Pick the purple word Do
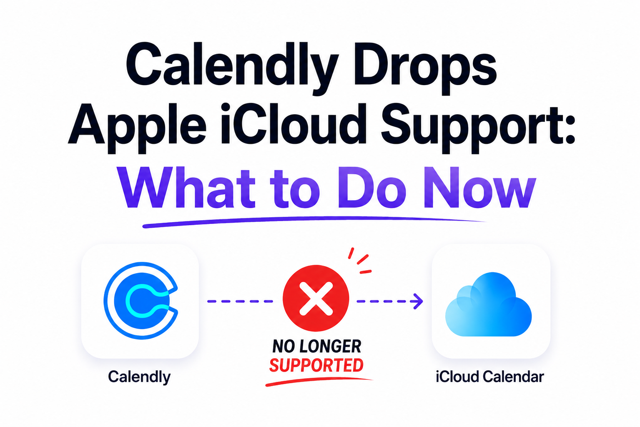(372, 188)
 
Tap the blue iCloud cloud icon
(488, 305)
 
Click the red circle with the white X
(316, 298)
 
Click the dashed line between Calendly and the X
(240, 301)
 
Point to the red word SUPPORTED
(316, 365)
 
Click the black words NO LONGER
(317, 346)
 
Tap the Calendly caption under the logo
(139, 377)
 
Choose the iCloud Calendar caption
(490, 377)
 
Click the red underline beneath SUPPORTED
(319, 382)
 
